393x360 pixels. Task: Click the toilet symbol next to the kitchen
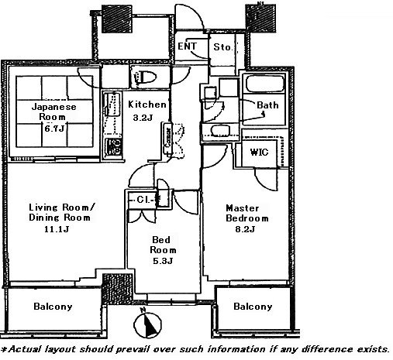(146, 77)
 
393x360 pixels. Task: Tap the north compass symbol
(147, 324)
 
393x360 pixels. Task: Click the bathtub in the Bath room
(264, 84)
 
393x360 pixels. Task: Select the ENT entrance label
(188, 46)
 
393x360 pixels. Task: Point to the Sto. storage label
(223, 47)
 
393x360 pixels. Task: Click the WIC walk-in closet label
(259, 153)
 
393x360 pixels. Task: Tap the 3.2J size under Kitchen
(143, 118)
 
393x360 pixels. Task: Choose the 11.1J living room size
(57, 229)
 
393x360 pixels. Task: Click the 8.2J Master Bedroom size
(245, 229)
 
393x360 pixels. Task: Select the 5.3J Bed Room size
(163, 261)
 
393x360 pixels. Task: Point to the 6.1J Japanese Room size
(54, 129)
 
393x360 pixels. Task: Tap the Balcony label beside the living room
(53, 307)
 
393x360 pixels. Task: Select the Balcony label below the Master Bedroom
(253, 307)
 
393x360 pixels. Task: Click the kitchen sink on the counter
(112, 105)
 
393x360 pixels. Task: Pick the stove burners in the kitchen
(114, 146)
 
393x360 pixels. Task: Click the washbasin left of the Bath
(220, 131)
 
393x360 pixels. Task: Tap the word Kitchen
(147, 105)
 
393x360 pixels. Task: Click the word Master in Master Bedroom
(243, 208)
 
